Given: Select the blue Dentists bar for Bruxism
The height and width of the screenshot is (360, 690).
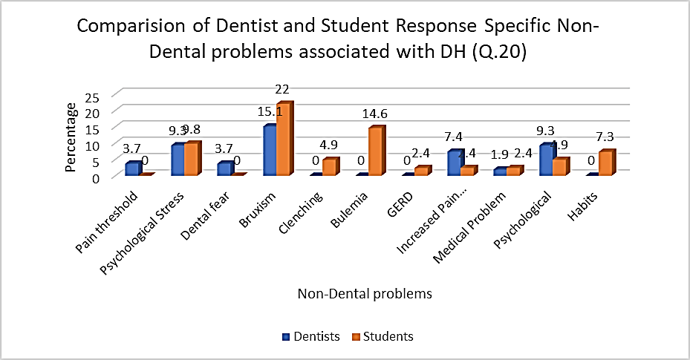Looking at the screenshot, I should pyautogui.click(x=270, y=151).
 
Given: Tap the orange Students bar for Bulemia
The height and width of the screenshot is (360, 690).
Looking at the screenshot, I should pyautogui.click(x=375, y=152).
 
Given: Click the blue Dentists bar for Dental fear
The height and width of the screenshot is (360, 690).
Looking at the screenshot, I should pyautogui.click(x=224, y=168).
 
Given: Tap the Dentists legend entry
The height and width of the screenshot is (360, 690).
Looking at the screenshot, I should pyautogui.click(x=311, y=336).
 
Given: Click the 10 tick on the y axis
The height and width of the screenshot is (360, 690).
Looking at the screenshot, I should pyautogui.click(x=93, y=145).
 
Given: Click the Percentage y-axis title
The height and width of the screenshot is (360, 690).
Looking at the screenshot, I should pyautogui.click(x=71, y=137).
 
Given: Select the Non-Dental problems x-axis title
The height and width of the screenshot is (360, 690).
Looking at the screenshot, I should pyautogui.click(x=365, y=294).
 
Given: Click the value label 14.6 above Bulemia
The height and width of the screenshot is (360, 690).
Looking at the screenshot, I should pyautogui.click(x=374, y=114).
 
